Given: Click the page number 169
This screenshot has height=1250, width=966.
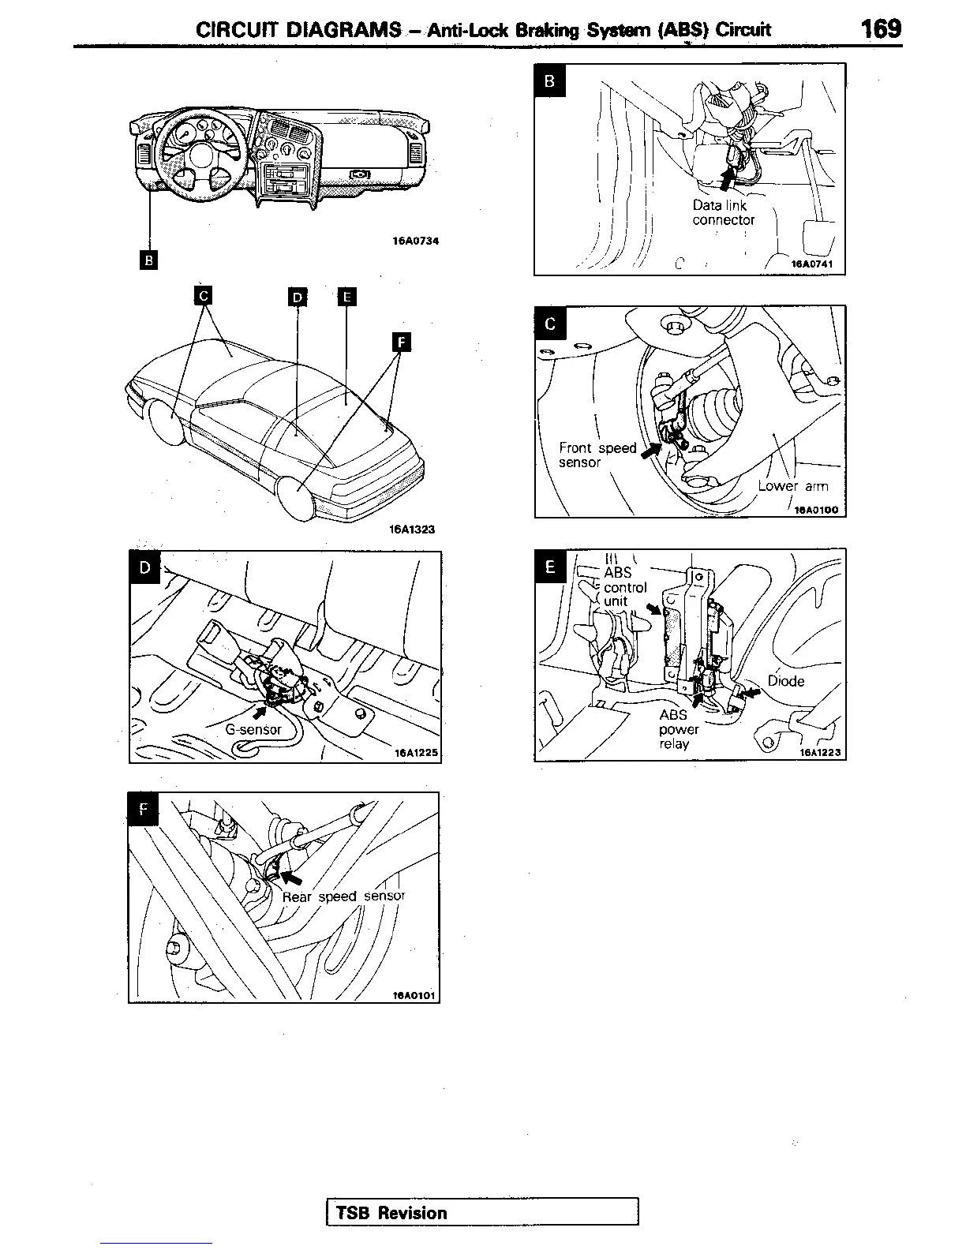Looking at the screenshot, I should (881, 29).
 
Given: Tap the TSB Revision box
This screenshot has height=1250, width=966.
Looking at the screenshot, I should (482, 1212).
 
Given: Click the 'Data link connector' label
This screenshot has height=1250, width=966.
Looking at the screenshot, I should (723, 213).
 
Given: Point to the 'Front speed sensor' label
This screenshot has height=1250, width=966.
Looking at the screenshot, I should (597, 455).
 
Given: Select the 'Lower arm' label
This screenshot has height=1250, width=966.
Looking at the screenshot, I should (792, 486).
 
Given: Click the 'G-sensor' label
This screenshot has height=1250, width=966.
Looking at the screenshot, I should (253, 729).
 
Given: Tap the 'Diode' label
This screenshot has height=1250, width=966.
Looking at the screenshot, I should (785, 681).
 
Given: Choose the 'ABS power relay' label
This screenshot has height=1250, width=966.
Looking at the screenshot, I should (678, 729).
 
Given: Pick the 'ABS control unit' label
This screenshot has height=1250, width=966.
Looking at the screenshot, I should (624, 587).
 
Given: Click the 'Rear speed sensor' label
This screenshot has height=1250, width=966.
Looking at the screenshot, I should (343, 896).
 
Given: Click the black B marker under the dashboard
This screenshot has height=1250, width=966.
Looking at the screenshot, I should (148, 259).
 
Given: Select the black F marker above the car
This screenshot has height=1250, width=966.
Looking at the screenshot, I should (402, 342).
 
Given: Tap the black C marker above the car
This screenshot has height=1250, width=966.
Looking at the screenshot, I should (204, 295).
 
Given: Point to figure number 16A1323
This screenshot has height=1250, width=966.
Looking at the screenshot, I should (412, 530).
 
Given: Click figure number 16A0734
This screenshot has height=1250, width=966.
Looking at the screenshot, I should (415, 241).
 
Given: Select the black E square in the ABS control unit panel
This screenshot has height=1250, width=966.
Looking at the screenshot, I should (550, 567).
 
